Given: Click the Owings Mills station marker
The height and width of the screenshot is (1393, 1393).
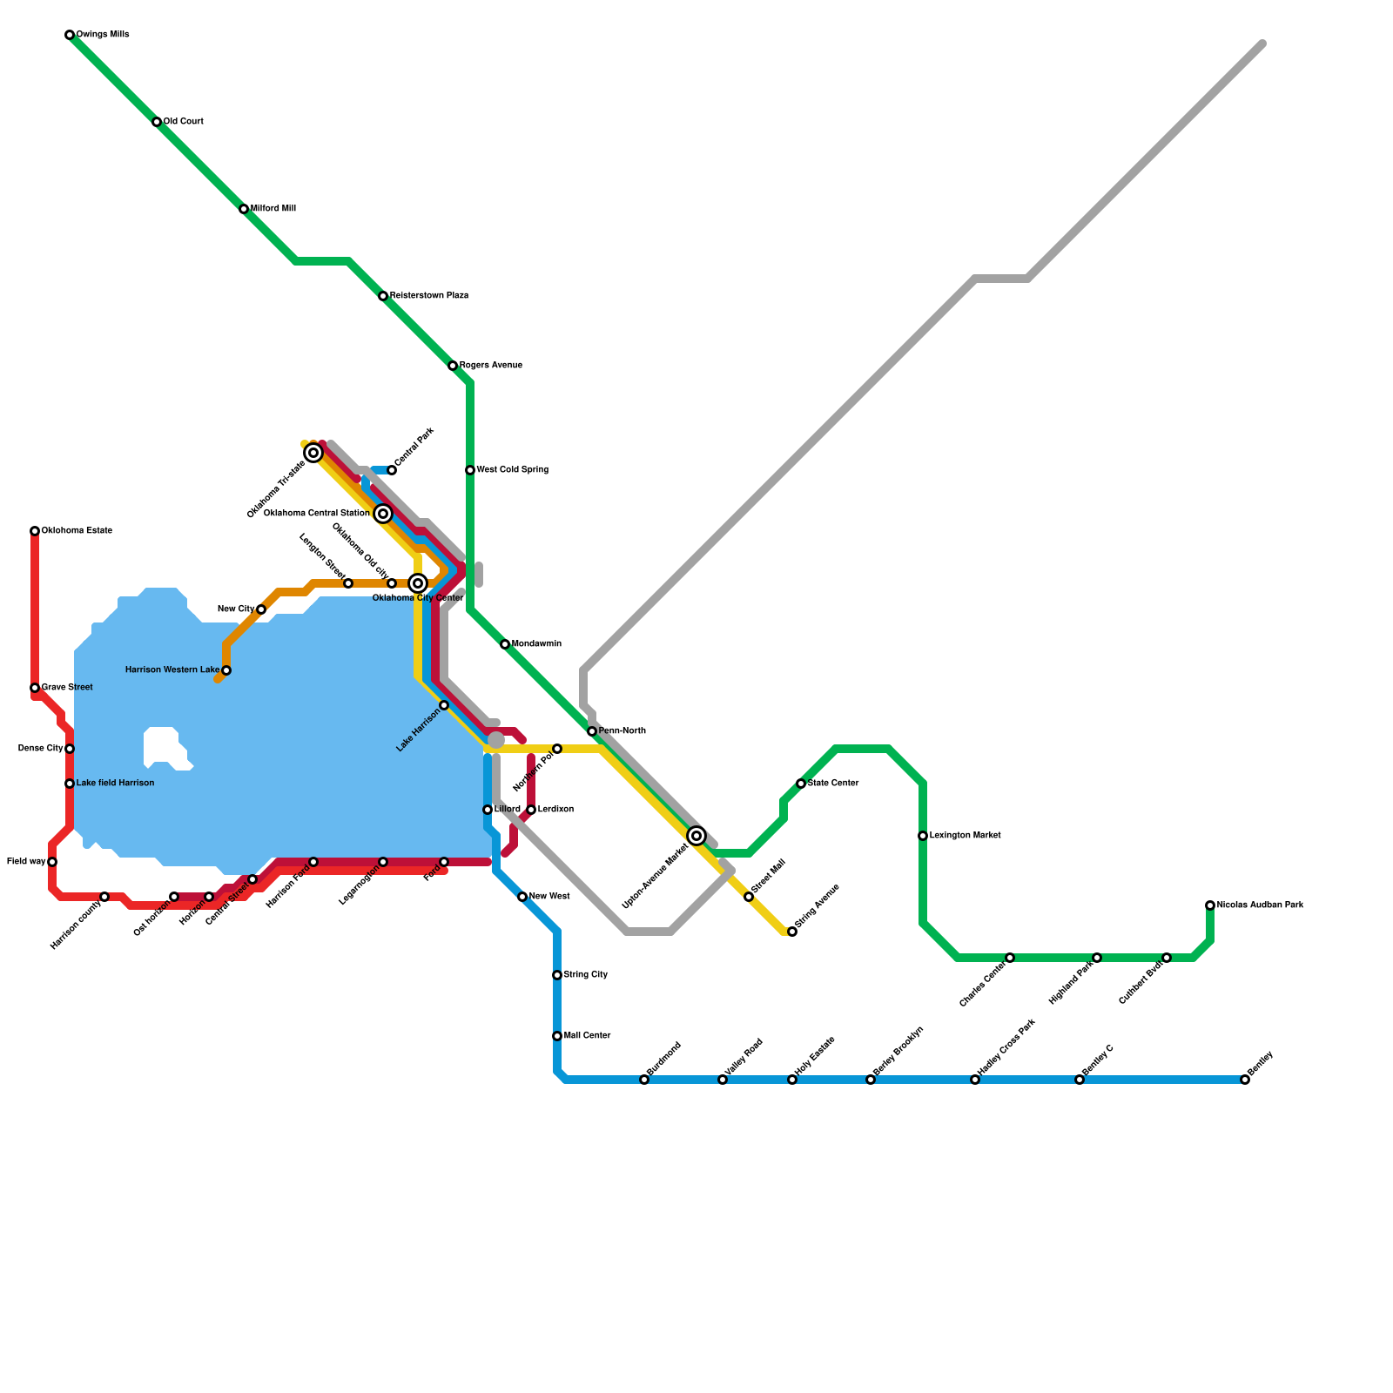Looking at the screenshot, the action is click(70, 35).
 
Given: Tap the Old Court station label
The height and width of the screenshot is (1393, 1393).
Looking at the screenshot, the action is click(183, 122).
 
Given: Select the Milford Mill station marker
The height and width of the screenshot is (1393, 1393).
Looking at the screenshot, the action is click(244, 209).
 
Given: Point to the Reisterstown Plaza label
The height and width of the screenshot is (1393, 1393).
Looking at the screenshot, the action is click(429, 296).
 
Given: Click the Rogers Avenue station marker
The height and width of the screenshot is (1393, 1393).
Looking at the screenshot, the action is click(453, 366).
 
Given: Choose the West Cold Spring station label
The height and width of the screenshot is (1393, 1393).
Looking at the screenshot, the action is click(512, 470).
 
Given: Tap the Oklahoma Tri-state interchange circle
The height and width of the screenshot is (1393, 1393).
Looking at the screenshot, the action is click(313, 453).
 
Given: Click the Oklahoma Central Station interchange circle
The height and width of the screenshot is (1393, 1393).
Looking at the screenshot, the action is click(383, 514).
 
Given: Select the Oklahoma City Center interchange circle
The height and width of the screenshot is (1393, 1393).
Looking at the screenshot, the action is click(418, 583).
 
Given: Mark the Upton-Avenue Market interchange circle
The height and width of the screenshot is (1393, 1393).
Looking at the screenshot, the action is click(696, 836).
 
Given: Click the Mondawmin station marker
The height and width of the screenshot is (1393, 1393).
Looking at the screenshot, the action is click(505, 644).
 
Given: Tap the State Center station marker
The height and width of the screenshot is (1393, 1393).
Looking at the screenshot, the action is click(801, 784).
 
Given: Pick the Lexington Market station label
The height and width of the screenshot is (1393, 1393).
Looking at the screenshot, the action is click(965, 836).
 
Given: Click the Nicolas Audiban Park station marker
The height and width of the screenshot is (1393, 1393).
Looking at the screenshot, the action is click(1210, 905).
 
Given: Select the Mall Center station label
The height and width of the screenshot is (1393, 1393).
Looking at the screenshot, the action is click(587, 1036).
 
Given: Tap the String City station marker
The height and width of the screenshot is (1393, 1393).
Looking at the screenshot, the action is click(557, 975).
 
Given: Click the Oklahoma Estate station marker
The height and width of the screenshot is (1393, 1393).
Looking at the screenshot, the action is click(35, 531).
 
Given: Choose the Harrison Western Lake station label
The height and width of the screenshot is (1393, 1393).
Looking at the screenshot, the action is click(172, 670).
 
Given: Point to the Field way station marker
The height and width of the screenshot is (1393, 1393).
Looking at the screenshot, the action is click(52, 862).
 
